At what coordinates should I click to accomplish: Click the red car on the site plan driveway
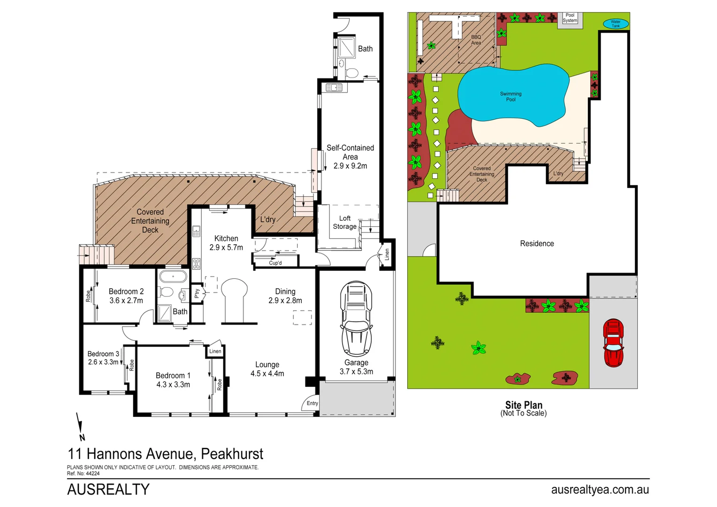click(x=613, y=343)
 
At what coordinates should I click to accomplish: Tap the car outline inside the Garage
click(x=356, y=319)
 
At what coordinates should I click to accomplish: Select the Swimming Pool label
click(x=511, y=97)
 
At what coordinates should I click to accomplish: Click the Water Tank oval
click(x=616, y=23)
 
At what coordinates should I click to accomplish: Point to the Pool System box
click(x=570, y=18)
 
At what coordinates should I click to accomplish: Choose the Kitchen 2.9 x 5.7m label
click(x=226, y=243)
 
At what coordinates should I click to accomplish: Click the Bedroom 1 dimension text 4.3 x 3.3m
click(x=173, y=384)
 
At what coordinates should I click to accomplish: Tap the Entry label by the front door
click(x=312, y=403)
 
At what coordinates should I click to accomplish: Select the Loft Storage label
click(x=345, y=223)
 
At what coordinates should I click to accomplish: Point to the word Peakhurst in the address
click(x=232, y=454)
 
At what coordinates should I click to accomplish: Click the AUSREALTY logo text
click(x=108, y=490)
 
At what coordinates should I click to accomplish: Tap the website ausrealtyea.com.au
click(x=600, y=490)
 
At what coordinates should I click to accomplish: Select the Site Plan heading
click(x=524, y=405)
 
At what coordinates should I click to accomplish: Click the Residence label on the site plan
click(x=537, y=244)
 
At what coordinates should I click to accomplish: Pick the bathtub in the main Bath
click(x=173, y=276)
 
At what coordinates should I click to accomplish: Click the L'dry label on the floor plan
click(x=268, y=220)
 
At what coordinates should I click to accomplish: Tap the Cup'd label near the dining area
click(x=275, y=263)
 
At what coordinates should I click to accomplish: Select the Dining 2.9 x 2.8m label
click(x=285, y=296)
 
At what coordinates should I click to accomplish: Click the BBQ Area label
click(x=476, y=40)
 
